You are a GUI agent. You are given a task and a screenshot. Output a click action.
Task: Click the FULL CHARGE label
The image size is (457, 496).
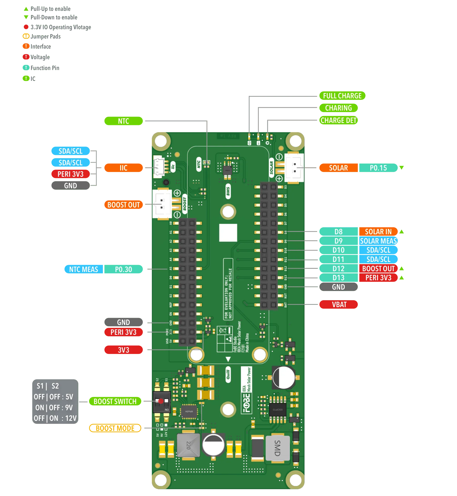[342, 96]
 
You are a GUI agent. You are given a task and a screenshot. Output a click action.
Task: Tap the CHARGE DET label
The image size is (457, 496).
[338, 120]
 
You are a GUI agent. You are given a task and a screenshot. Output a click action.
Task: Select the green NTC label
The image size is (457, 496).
[123, 121]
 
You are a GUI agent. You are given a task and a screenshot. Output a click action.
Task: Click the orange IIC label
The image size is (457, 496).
[123, 168]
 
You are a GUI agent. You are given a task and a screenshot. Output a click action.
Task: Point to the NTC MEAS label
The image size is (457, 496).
[84, 269]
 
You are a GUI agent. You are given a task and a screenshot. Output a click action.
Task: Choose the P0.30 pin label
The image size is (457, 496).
[123, 269]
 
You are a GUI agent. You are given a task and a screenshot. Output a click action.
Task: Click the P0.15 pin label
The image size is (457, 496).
[378, 168]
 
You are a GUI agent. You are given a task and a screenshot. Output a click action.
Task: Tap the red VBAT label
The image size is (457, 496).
[339, 305]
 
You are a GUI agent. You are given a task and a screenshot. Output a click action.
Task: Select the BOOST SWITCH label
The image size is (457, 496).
[115, 401]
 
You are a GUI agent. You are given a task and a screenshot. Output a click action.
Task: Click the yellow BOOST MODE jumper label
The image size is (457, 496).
[115, 428]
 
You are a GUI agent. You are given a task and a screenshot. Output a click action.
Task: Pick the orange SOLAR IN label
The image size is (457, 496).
[378, 232]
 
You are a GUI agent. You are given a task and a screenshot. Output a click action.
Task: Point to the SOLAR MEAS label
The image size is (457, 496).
[378, 241]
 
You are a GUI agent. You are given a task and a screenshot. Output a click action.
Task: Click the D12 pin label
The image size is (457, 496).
[338, 269]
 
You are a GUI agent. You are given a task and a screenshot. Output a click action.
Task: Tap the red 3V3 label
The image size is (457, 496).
[123, 350]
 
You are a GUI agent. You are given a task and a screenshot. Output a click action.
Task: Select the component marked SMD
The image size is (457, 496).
[277, 448]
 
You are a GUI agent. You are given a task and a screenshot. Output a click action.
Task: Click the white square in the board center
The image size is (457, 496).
[228, 233]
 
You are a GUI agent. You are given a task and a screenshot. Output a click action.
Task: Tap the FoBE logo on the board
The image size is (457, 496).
[246, 403]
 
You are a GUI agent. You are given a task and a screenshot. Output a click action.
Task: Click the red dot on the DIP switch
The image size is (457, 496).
[161, 401]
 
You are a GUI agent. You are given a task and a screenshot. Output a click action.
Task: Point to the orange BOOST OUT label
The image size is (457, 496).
[123, 205]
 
